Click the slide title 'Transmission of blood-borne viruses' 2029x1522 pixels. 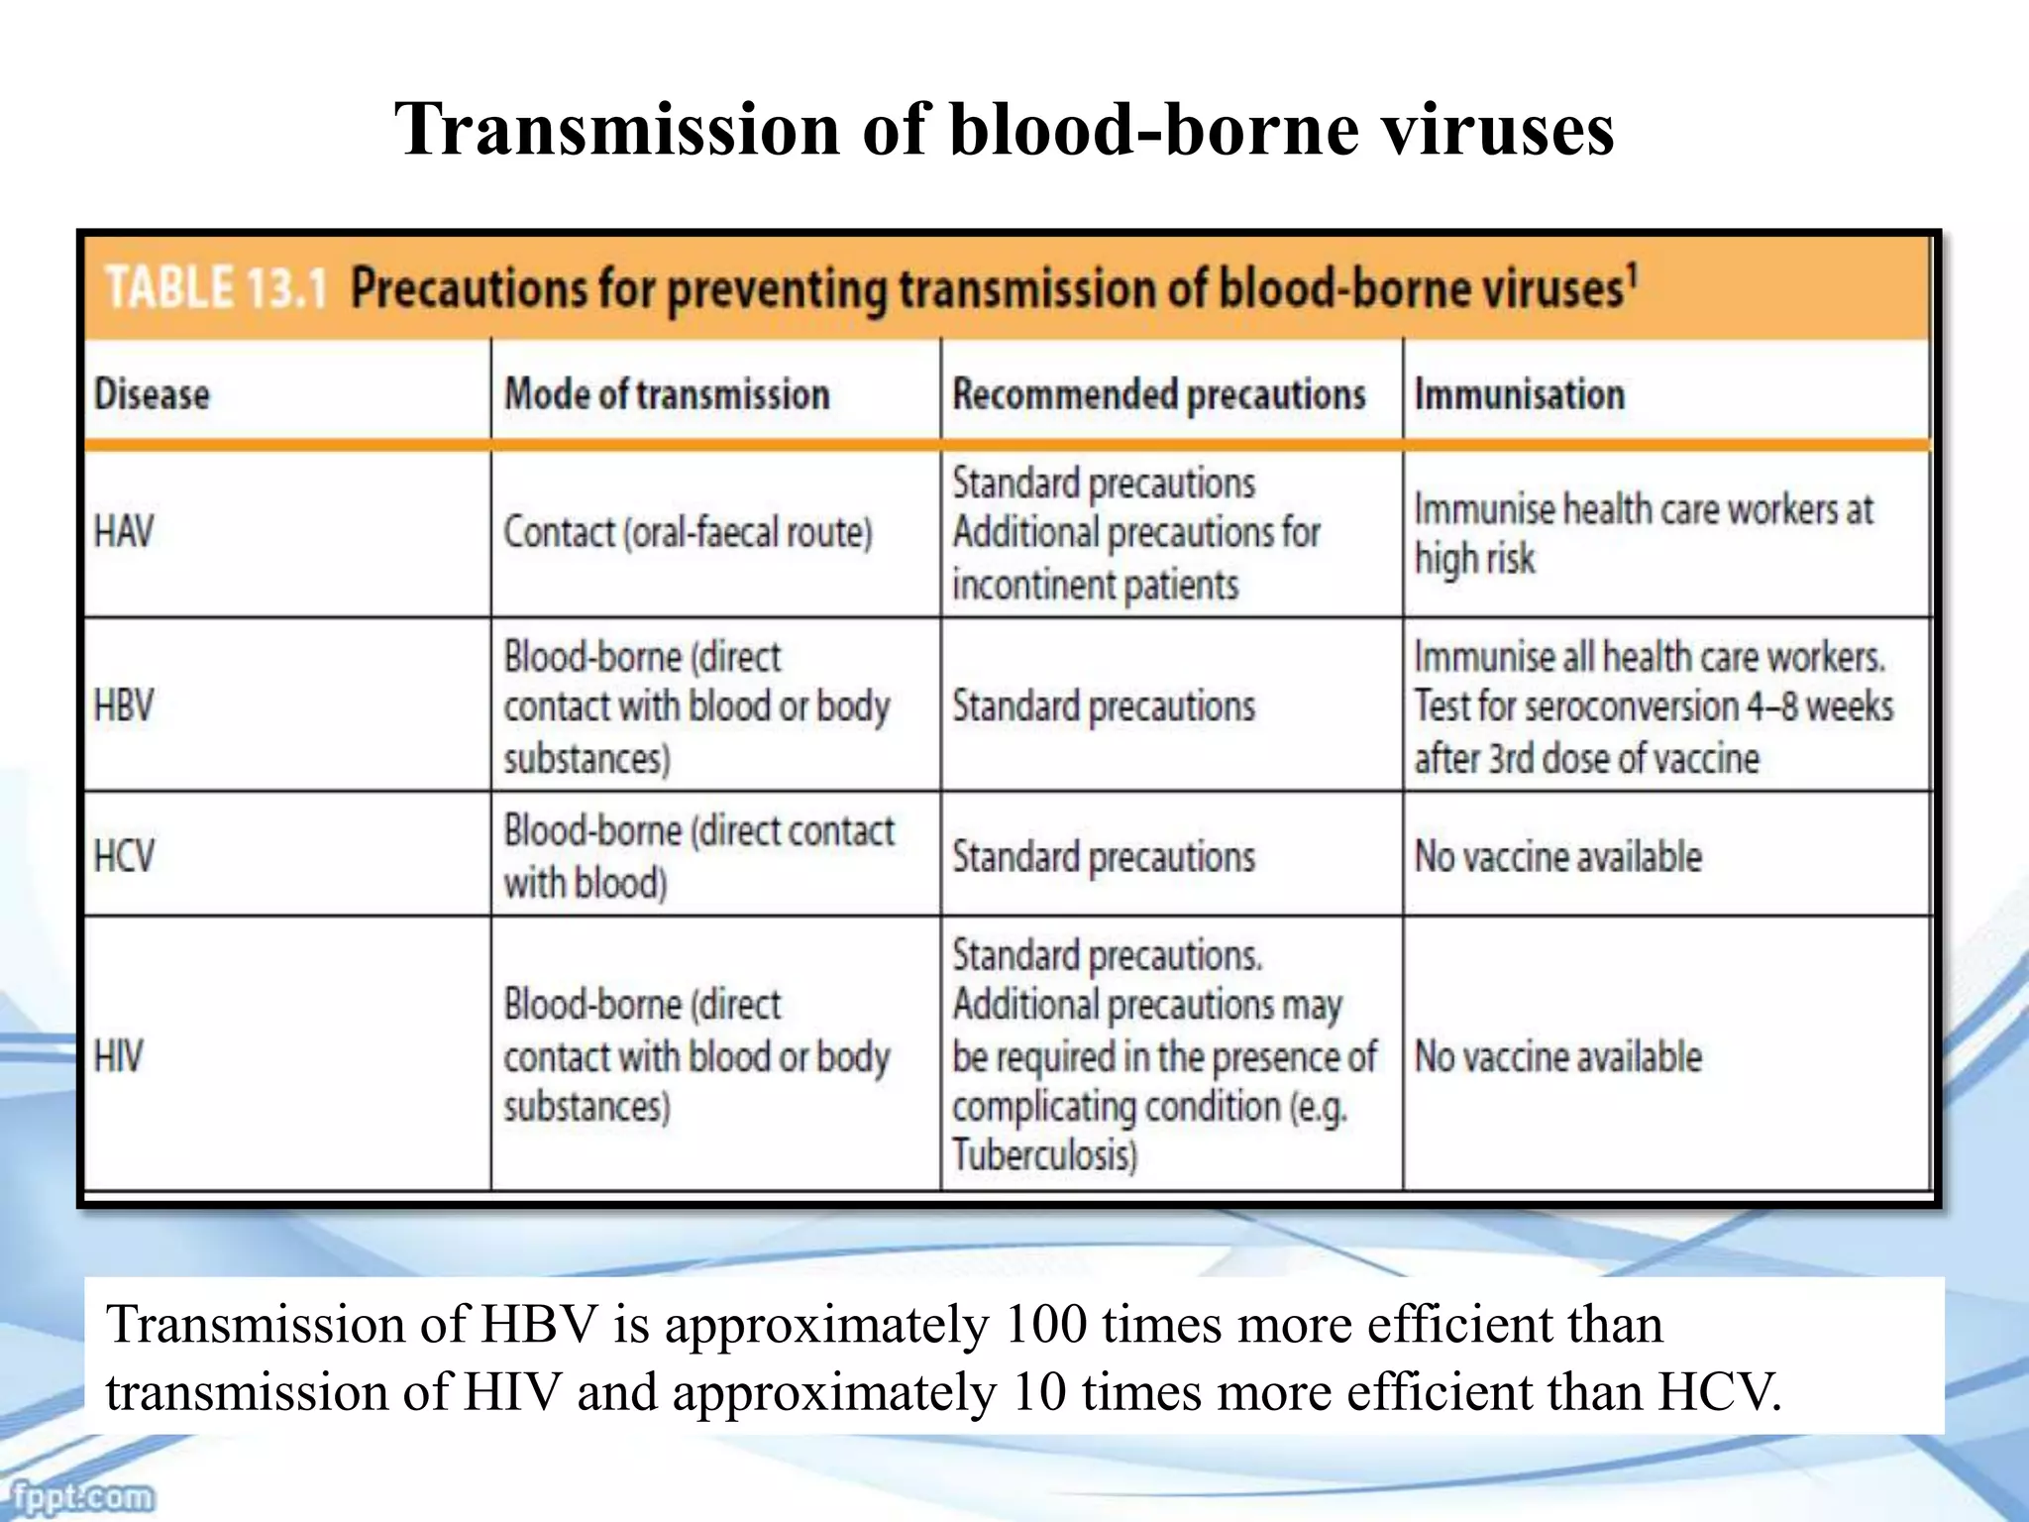coord(1004,130)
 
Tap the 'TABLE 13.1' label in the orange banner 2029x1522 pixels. coord(216,288)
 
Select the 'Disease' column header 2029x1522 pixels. coord(152,394)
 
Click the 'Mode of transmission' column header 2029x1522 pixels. coord(667,394)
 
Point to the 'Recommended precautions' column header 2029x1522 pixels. coord(1158,394)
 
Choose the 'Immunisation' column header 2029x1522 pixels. coord(1519,394)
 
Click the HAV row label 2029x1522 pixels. coord(124,532)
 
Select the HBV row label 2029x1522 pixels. coord(124,707)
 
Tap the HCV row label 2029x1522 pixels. coord(124,856)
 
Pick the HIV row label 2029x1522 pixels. coord(118,1056)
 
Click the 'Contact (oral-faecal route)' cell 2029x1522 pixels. coord(688,533)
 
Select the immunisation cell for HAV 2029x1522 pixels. coord(1643,533)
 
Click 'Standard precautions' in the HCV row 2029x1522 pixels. coord(1103,857)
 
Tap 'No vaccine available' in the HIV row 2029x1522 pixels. coord(1557,1056)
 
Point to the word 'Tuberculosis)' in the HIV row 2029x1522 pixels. coord(1044,1155)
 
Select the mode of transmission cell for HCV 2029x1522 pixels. coord(697,856)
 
